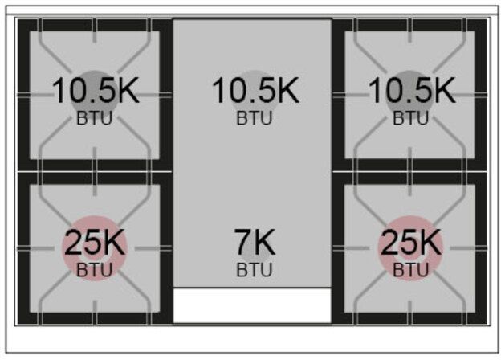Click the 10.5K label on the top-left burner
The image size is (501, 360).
coord(96,91)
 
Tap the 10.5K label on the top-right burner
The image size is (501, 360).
coord(412,91)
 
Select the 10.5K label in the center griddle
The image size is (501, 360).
coord(255,91)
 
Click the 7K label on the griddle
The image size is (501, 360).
coord(255,242)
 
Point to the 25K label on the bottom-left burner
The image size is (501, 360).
coord(95,242)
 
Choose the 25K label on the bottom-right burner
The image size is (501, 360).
coord(411,242)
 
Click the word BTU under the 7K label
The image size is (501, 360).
coord(255,269)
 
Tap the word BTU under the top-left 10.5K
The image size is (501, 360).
coord(95,118)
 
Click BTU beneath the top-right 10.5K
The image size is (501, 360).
coord(410,118)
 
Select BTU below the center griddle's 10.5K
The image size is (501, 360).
coord(255,118)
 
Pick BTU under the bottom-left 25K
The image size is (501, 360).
coord(95,269)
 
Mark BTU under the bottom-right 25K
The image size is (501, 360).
coord(410,269)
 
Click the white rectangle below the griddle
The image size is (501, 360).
coord(252,305)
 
